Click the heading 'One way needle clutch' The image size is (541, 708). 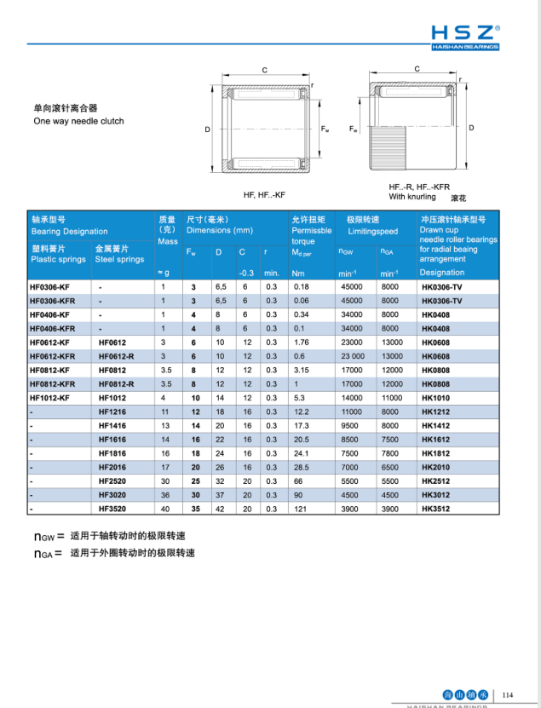coord(78,121)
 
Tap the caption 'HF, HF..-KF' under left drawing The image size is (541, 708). coord(264,195)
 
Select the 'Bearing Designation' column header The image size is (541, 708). coord(70,231)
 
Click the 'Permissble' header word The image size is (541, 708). coord(312,231)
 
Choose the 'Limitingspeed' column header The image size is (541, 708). coord(372,231)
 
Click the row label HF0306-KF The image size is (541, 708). coord(50,287)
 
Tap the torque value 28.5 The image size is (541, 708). coord(301,468)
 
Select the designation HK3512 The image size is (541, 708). coord(436,509)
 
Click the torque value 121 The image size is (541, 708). coord(300,509)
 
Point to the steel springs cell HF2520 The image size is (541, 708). coord(112,481)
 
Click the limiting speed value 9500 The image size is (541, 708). coord(349,426)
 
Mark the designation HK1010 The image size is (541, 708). coord(436,398)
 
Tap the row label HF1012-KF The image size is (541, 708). coord(50,398)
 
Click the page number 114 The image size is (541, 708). coord(509,694)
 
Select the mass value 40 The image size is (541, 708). coord(165,509)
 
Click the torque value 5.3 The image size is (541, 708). coord(299,398)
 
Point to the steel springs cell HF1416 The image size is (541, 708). coord(112,426)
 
